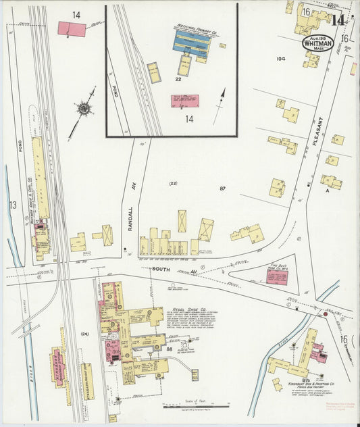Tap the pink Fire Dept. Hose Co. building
(x=277, y=277)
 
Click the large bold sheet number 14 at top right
(x=337, y=19)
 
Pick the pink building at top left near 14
(x=71, y=29)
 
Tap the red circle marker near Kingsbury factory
(x=326, y=314)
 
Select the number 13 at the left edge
(x=12, y=205)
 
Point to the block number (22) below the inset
(x=173, y=183)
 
